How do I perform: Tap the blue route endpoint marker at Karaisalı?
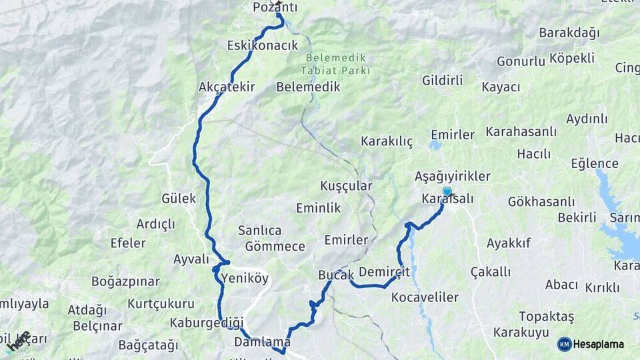click(x=447, y=192)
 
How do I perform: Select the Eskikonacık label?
click(x=261, y=45)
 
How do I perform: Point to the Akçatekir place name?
click(x=227, y=87)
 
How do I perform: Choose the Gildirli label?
click(x=443, y=80)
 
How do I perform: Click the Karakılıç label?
click(x=387, y=141)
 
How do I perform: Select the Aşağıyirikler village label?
click(x=452, y=176)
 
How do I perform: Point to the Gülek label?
click(x=179, y=198)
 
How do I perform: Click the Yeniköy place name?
click(x=245, y=277)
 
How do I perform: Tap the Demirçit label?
click(x=384, y=272)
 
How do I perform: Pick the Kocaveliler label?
click(x=425, y=297)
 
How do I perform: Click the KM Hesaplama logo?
click(x=591, y=344)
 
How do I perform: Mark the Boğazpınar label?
click(x=125, y=281)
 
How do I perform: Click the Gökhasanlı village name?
click(x=541, y=201)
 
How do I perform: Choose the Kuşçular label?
click(x=346, y=185)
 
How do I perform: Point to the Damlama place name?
click(x=263, y=342)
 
